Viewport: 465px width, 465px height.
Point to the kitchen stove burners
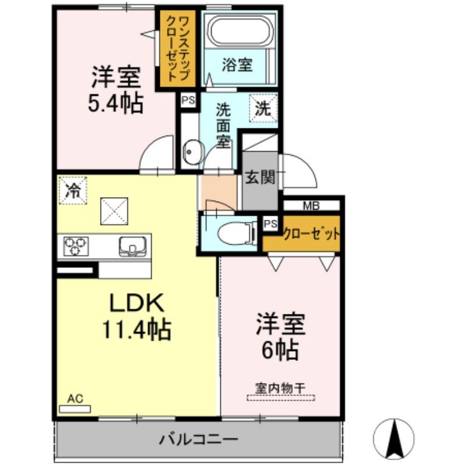pyautogui.click(x=74, y=246)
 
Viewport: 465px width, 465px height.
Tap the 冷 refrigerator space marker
pyautogui.click(x=73, y=191)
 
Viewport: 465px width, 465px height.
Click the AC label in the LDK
pyautogui.click(x=75, y=399)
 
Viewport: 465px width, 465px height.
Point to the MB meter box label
pyautogui.click(x=310, y=205)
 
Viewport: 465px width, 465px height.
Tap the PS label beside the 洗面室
pyautogui.click(x=188, y=100)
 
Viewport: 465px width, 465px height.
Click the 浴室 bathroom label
pyautogui.click(x=237, y=65)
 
